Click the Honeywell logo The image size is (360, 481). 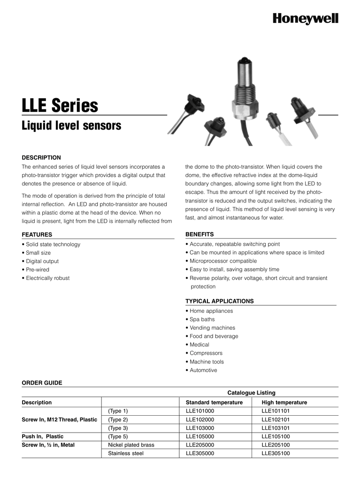306,18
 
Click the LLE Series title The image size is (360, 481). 60,106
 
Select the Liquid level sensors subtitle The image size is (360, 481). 71,126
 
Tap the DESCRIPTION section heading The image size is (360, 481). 41,157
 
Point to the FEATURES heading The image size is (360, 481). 37,234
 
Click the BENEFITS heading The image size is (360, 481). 199,234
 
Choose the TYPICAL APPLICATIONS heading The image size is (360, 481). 219,301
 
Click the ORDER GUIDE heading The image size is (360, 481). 42,383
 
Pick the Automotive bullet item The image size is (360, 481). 203,370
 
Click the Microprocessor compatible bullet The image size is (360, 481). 223,261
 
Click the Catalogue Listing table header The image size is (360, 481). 251,393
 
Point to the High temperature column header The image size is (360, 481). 284,403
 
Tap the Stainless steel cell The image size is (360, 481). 126,453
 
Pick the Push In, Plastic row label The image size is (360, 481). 43,436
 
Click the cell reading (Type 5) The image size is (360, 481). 118,436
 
